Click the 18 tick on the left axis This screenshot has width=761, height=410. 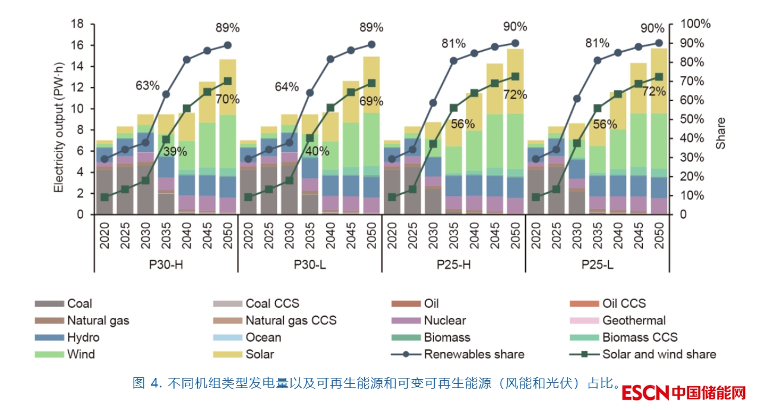(x=77, y=24)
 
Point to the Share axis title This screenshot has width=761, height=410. (x=721, y=133)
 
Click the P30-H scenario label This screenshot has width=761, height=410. (x=166, y=263)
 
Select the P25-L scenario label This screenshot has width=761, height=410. (x=597, y=263)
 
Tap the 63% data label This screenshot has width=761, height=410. (x=147, y=86)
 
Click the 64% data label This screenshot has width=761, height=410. (x=286, y=87)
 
